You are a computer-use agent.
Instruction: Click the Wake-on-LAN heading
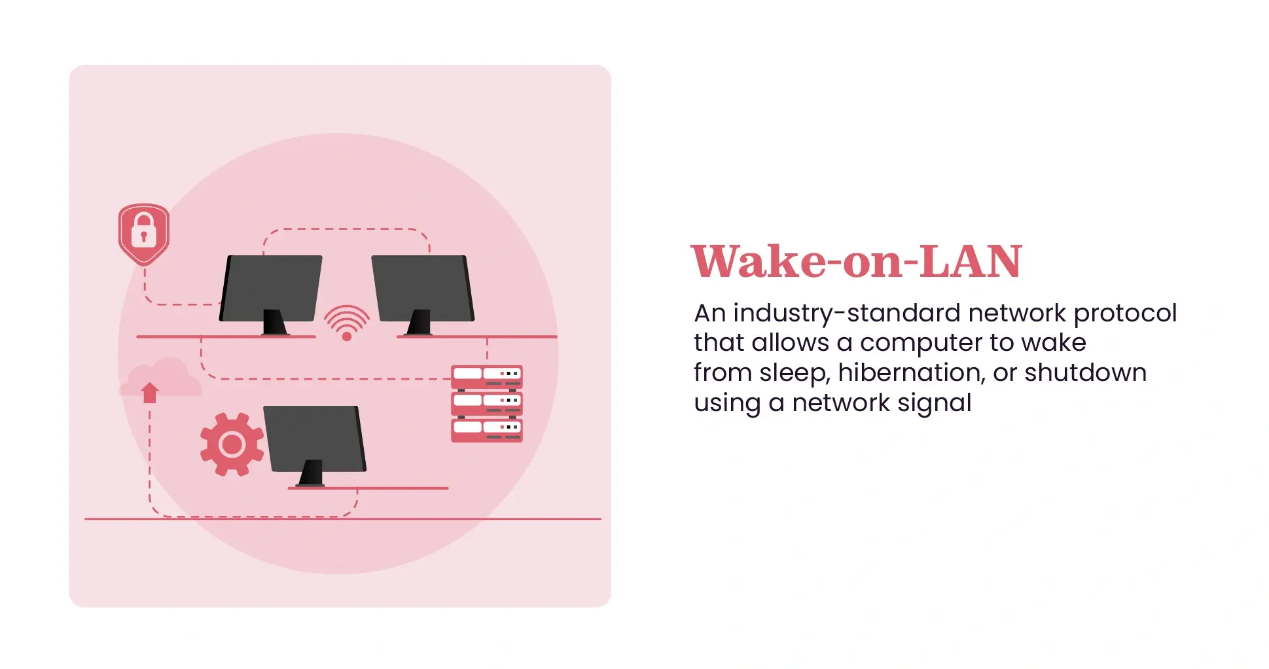coord(856,262)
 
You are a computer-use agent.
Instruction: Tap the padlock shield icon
coord(144,233)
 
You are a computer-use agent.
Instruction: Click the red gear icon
coord(232,444)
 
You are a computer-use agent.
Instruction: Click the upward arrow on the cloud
coord(150,392)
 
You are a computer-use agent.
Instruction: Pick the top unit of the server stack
coord(487,376)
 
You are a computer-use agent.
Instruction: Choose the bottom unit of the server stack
coord(487,429)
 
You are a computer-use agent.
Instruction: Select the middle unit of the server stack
coord(487,403)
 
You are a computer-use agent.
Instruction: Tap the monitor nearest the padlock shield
coord(271,287)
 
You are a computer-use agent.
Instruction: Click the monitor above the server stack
coord(423,287)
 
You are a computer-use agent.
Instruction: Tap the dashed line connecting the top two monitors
coord(346,229)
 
